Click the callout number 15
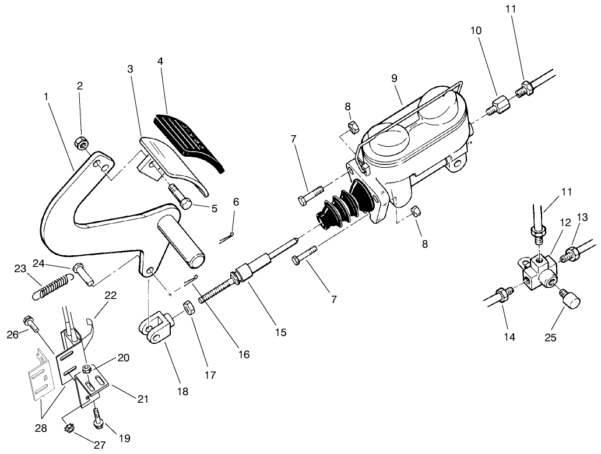coord(280,332)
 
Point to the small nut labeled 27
coord(68,431)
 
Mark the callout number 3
coord(130,69)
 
